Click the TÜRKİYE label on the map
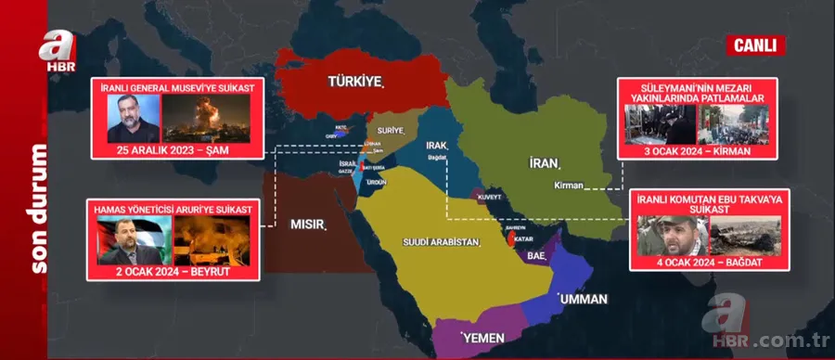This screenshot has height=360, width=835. click(x=355, y=82)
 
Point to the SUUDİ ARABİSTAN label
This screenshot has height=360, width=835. click(x=440, y=242)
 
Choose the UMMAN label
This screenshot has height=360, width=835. click(x=582, y=299)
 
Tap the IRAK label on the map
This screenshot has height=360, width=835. click(x=436, y=147)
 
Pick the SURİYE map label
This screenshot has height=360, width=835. click(x=386, y=131)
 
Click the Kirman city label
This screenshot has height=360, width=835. click(x=568, y=186)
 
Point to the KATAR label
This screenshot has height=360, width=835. click(x=518, y=236)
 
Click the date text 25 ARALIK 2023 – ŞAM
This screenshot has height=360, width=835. click(x=176, y=151)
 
